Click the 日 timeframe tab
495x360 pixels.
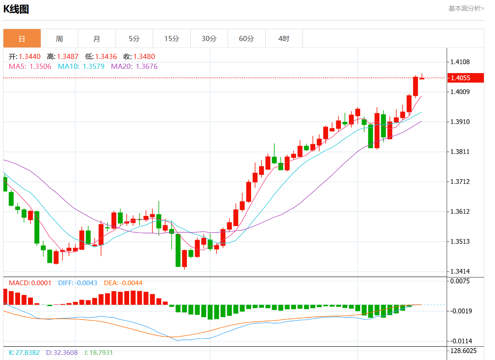point(22,38)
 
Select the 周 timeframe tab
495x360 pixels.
point(59,38)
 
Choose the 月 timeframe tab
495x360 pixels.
point(97,38)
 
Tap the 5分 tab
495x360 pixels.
point(134,38)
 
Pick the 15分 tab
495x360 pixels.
point(172,38)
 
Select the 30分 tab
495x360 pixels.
point(209,38)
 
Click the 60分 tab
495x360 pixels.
point(246,38)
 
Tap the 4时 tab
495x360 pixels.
point(284,38)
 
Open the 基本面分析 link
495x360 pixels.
point(466,8)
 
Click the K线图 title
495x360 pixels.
point(16,9)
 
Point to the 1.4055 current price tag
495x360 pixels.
point(465,78)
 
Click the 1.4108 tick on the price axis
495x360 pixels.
point(460,62)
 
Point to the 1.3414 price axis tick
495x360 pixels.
point(460,271)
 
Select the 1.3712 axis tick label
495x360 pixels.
point(460,182)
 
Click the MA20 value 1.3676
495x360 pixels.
point(146,66)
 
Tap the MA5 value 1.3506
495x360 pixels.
point(40,66)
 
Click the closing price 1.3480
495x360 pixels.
point(144,56)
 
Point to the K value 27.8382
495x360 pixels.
point(27,353)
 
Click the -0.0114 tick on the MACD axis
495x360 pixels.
point(461,341)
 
